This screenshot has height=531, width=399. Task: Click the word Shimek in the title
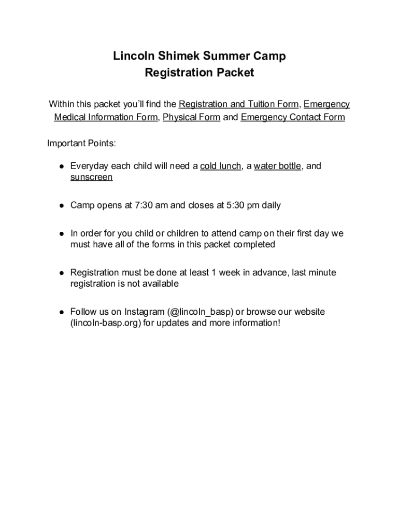pyautogui.click(x=176, y=56)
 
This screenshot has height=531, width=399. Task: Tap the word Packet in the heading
pyautogui.click(x=235, y=73)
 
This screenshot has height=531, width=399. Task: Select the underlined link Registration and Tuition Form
pyautogui.click(x=238, y=104)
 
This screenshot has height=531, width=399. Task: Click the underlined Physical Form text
pyautogui.click(x=191, y=117)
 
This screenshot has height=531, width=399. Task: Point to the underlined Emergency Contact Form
pyautogui.click(x=293, y=117)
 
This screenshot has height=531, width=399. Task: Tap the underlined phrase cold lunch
pyautogui.click(x=221, y=166)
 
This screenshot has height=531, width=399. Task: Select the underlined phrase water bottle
pyautogui.click(x=277, y=166)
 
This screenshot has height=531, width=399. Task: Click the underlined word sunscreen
pyautogui.click(x=92, y=177)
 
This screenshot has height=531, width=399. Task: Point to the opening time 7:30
pyautogui.click(x=145, y=205)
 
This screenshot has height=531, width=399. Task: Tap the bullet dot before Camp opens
pyautogui.click(x=61, y=205)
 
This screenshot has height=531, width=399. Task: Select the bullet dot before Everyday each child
pyautogui.click(x=61, y=166)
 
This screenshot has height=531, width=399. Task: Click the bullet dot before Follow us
pyautogui.click(x=61, y=312)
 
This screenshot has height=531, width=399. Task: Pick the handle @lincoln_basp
pyautogui.click(x=201, y=312)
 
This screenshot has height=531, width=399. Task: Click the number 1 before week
pyautogui.click(x=213, y=273)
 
